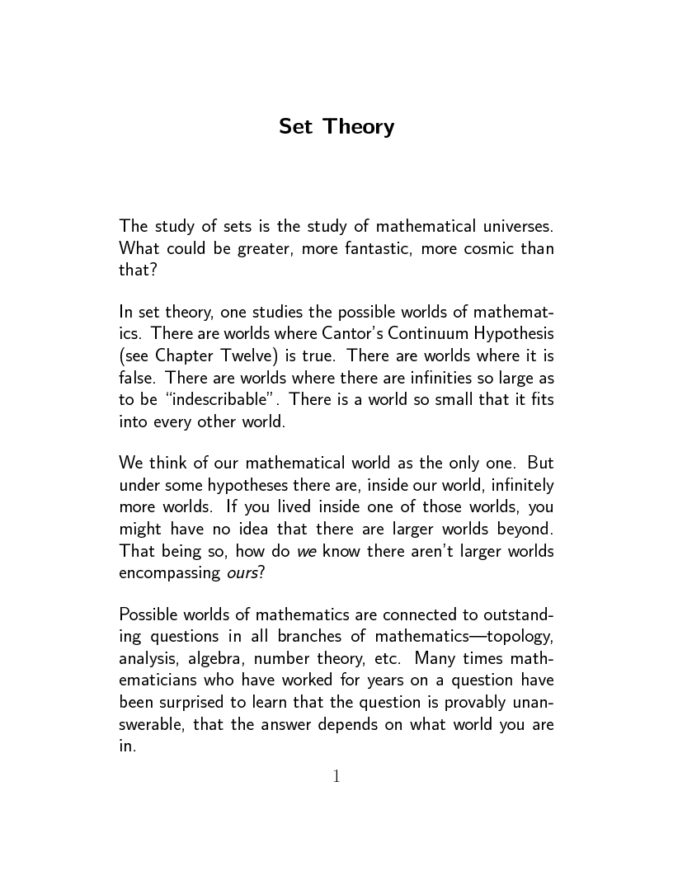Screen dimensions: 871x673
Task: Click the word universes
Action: pos(514,225)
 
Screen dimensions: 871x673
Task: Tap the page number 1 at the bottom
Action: pos(336,776)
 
